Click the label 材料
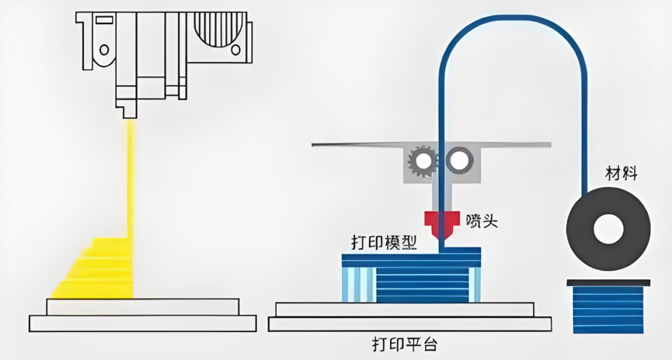pos(622,173)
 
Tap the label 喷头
pos(482,220)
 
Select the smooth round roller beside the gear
pos(459,161)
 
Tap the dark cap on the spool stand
pos(608,283)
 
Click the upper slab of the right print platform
pos(404,309)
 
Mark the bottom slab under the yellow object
pos(142,323)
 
